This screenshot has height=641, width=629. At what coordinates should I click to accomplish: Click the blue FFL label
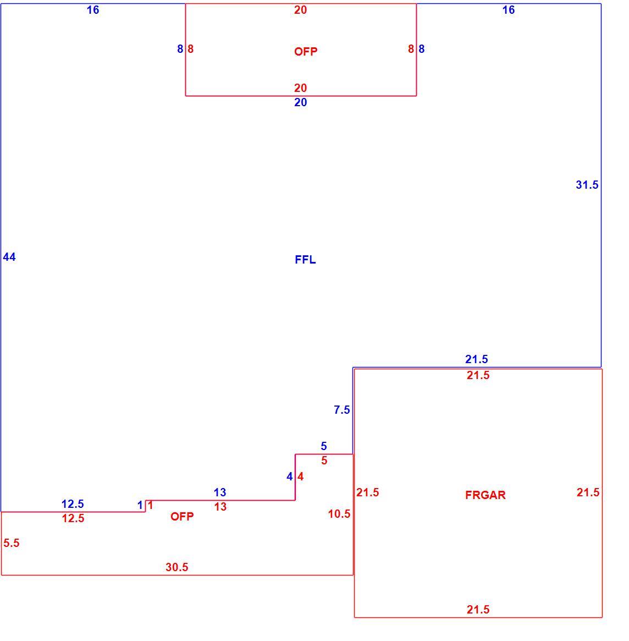(305, 260)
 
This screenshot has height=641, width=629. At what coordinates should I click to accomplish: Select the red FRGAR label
(485, 495)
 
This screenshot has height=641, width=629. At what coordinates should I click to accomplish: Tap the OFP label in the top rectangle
(306, 52)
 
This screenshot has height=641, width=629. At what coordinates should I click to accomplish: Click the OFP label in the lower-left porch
(182, 516)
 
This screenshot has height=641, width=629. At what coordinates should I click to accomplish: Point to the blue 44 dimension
(9, 257)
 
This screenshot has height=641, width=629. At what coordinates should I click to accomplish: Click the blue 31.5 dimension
(587, 185)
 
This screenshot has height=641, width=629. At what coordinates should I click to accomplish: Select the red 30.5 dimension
(177, 567)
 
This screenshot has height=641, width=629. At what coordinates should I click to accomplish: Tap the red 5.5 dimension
(12, 543)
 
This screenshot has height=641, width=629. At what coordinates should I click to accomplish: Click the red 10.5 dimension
(339, 514)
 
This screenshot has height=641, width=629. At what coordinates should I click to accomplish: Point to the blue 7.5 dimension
(342, 409)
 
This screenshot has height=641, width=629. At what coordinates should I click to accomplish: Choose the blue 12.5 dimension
(73, 503)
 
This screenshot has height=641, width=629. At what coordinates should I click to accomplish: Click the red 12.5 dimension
(73, 518)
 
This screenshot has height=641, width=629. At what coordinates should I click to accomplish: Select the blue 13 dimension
(220, 492)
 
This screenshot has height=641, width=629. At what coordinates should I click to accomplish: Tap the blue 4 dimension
(290, 476)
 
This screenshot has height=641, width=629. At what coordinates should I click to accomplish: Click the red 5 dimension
(324, 461)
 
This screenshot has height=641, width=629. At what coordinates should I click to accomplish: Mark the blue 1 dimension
(140, 505)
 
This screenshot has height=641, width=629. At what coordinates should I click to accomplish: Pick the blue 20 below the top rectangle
(301, 102)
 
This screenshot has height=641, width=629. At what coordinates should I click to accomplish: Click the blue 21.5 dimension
(477, 359)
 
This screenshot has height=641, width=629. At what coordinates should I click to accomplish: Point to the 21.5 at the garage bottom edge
(478, 610)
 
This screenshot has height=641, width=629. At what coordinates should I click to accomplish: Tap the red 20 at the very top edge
(301, 10)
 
